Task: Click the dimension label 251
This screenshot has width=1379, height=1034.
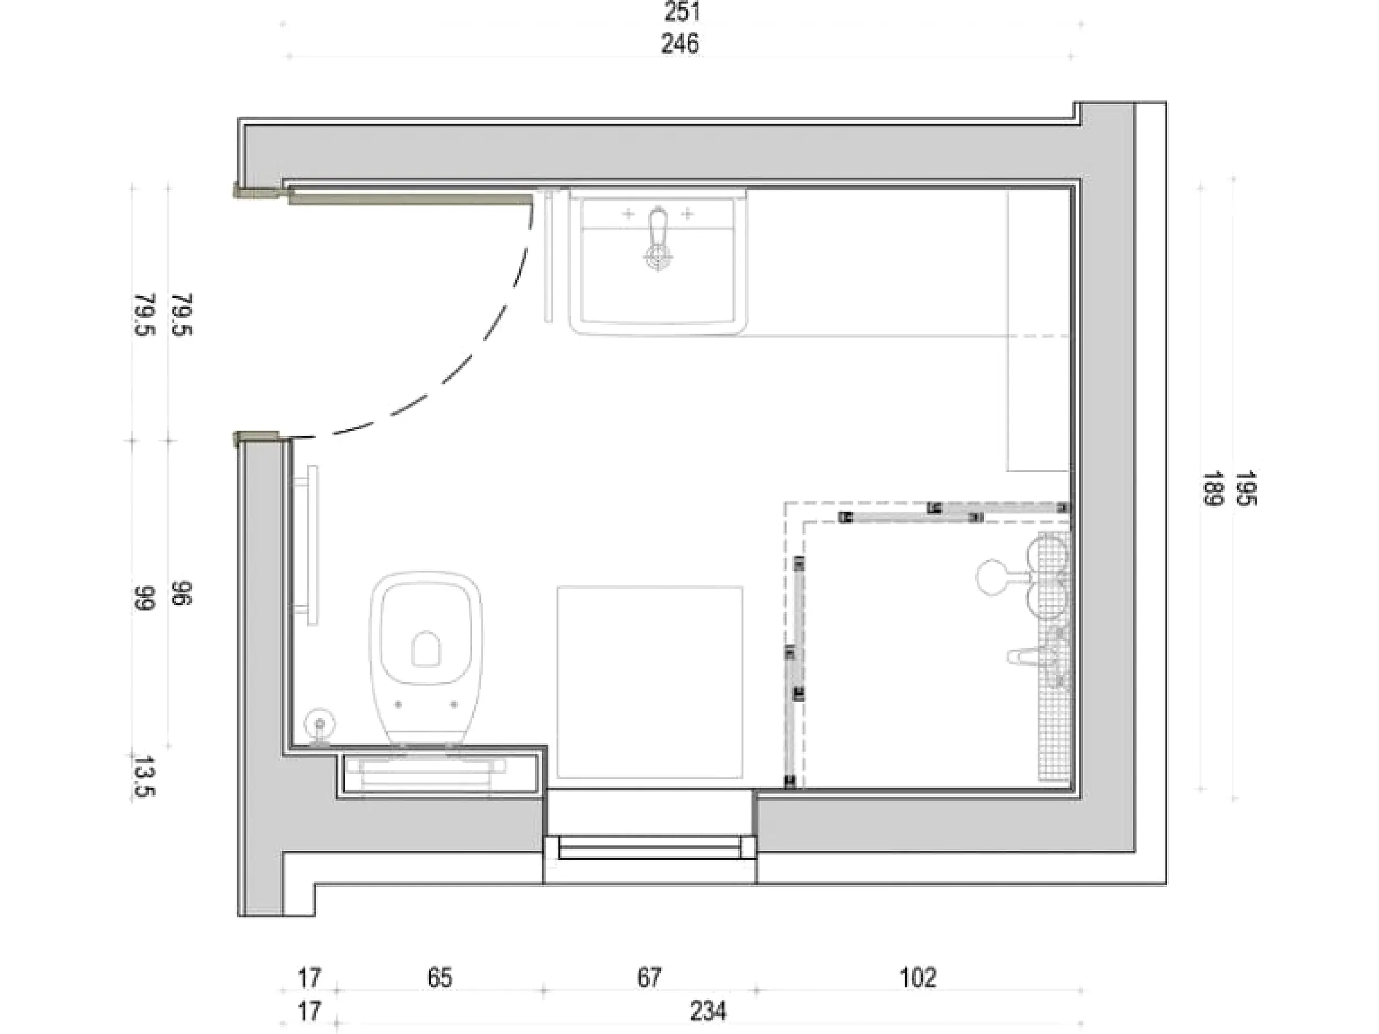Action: click(682, 11)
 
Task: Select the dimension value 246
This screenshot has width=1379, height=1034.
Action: click(680, 44)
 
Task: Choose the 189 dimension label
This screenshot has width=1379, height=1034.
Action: click(1211, 488)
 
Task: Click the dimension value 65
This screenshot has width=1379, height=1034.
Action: click(440, 977)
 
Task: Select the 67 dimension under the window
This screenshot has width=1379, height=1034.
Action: click(649, 977)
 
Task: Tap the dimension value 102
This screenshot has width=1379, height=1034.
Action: click(918, 977)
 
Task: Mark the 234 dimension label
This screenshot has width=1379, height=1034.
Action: click(708, 1011)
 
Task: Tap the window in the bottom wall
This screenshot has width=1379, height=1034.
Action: click(650, 849)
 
